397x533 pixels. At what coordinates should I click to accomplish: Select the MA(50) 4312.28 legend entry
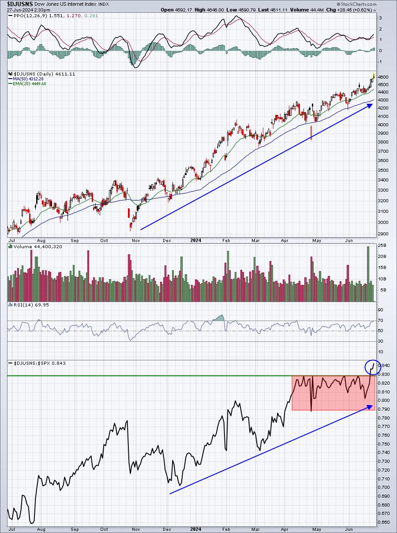27,79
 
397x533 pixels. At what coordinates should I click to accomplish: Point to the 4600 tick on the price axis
383,77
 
